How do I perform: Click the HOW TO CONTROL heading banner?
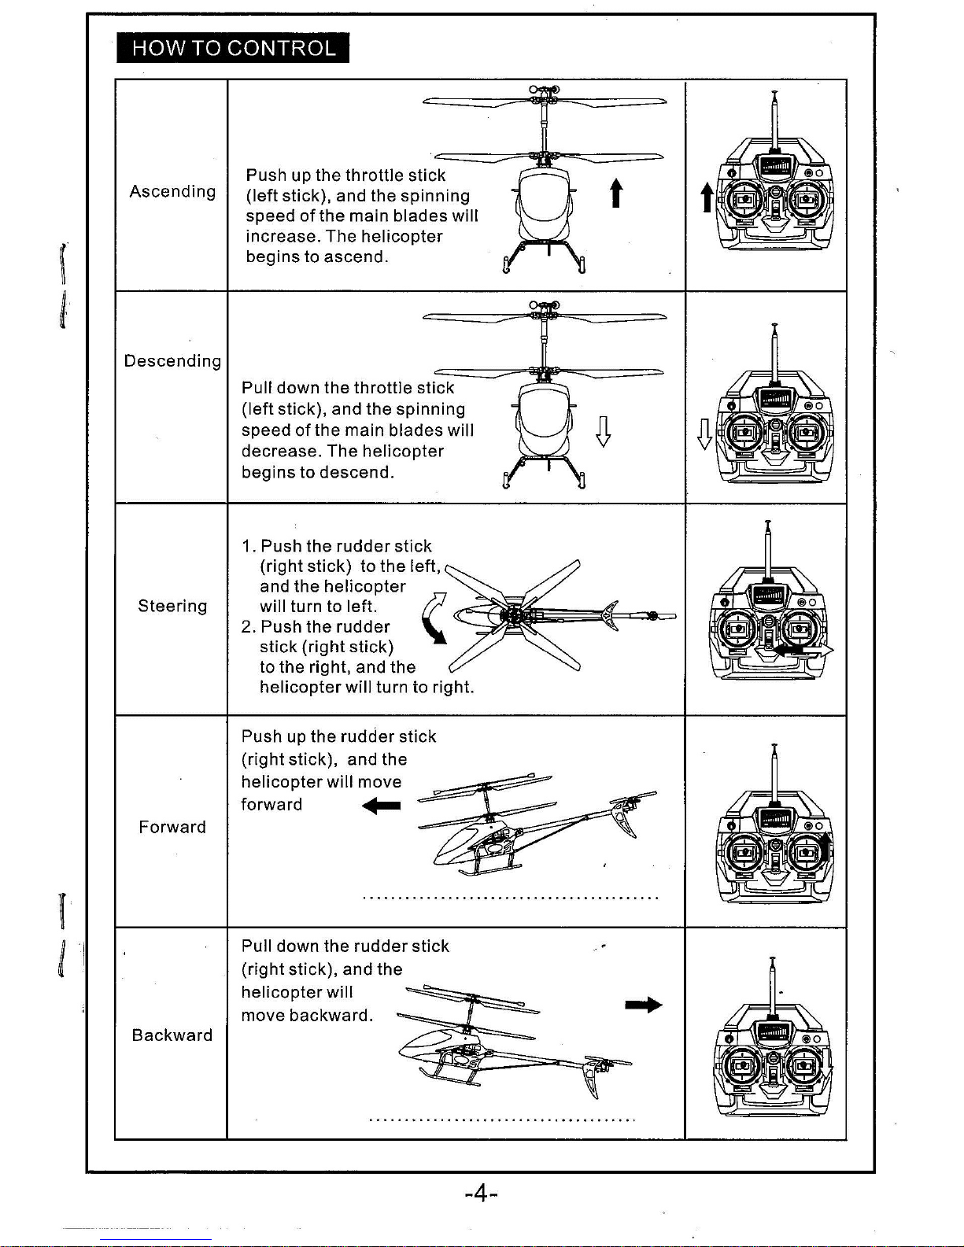click(x=232, y=48)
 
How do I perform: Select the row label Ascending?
click(x=172, y=191)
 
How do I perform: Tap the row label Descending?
click(x=172, y=361)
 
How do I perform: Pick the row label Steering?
click(x=172, y=606)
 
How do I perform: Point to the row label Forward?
click(x=172, y=827)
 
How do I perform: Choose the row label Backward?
click(x=172, y=1035)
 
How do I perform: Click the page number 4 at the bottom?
click(x=482, y=1194)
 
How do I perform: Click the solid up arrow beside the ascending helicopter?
click(x=616, y=193)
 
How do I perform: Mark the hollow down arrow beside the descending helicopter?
click(x=603, y=432)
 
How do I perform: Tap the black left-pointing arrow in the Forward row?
click(x=382, y=806)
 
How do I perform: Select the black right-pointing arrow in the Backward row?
click(x=644, y=1005)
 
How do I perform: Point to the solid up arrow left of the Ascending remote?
click(x=707, y=197)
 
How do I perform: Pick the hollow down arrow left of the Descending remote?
click(x=704, y=434)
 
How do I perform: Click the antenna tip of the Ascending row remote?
click(x=774, y=92)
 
